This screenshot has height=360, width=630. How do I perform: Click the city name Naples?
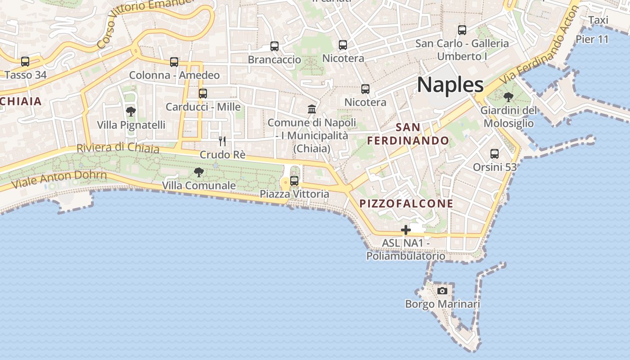coord(450,85)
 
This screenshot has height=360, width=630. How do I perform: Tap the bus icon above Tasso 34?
coord(25,62)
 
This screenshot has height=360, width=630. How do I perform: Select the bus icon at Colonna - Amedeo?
coord(174,62)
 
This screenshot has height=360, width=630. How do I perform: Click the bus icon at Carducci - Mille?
coord(203,94)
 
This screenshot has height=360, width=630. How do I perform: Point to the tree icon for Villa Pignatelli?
coord(131,111)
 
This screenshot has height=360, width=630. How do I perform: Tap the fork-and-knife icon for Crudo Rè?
coord(222,141)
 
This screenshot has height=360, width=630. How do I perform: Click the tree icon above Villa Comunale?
coord(198,172)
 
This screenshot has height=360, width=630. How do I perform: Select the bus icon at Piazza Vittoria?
coord(294,181)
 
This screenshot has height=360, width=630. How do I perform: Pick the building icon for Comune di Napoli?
coord(311,109)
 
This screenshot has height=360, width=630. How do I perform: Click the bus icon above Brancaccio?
coord(274,46)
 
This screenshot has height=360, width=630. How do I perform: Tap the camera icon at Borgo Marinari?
coord(442,291)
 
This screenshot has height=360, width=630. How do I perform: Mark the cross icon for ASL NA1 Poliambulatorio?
coord(406,230)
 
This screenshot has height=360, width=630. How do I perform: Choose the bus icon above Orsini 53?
coord(495,154)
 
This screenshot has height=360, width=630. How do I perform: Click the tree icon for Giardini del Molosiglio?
coord(508,97)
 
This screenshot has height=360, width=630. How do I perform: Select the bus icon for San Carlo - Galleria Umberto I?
coord(462,30)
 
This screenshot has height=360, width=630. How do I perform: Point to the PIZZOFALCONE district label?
coord(406,203)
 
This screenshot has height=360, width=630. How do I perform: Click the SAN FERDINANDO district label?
coord(408,134)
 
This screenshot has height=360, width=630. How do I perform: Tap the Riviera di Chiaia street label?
coord(118,148)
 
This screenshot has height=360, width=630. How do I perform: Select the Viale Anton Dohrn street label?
coord(59,180)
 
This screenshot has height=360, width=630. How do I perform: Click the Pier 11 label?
coord(592,39)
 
